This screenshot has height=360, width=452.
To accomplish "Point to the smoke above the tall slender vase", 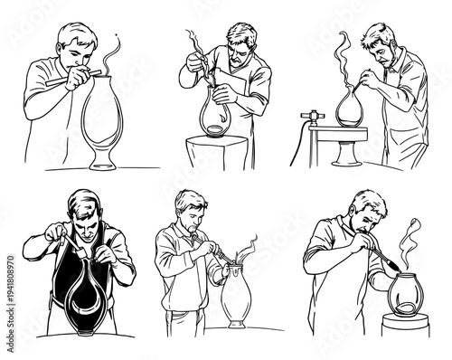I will [x=112, y=53].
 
